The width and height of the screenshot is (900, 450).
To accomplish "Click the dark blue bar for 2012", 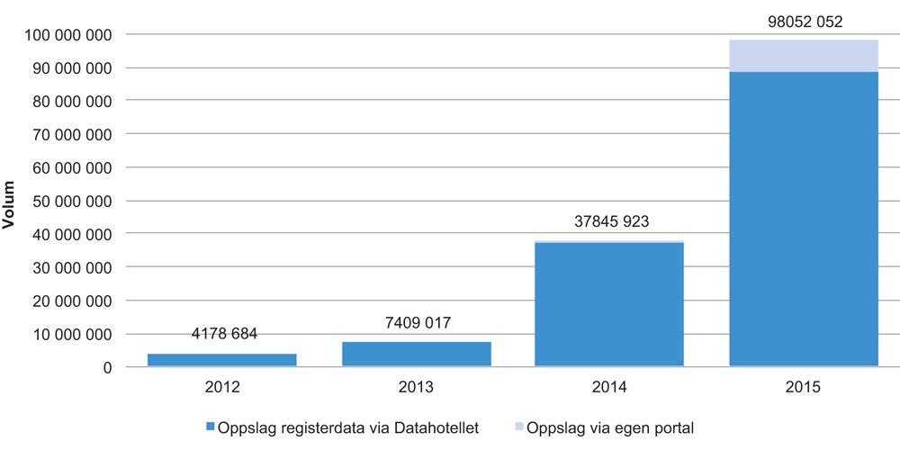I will [x=221, y=360].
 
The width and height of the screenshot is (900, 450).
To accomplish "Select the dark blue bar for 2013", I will [x=416, y=354].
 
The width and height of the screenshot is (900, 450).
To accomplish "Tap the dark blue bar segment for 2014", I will [x=609, y=304].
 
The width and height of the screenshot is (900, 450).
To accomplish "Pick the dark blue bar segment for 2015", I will [x=803, y=219].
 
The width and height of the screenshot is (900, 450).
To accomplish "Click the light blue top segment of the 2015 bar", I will [x=803, y=56].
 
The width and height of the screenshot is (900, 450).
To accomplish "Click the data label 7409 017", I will [x=416, y=323].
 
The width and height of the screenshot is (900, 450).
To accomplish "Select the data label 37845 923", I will [x=609, y=221].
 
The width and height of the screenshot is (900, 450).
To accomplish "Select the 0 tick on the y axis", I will [x=106, y=367].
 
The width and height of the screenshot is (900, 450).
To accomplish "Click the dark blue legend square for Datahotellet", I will [x=211, y=427].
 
